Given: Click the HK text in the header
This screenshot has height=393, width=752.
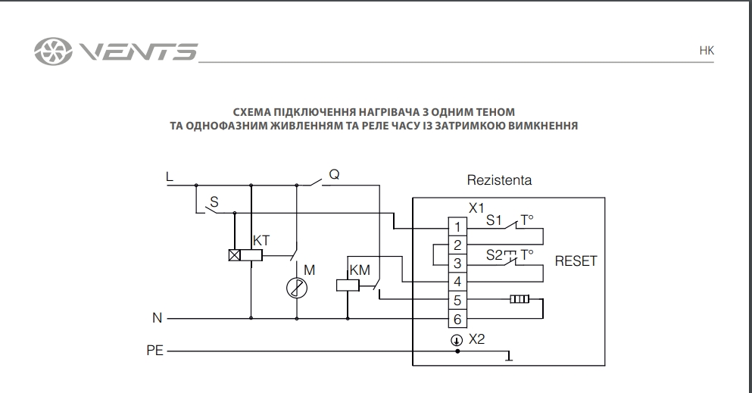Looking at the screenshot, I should tap(706, 51).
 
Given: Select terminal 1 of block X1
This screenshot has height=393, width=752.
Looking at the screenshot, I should tap(457, 227).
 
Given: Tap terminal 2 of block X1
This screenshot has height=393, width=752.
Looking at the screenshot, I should tap(457, 245).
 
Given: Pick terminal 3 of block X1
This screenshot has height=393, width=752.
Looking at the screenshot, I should tap(457, 264).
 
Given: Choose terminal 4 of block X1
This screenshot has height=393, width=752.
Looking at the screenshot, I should tap(457, 282).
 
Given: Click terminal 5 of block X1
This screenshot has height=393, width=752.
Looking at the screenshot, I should tap(457, 301).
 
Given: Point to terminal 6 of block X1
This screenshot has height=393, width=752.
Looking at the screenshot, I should tap(457, 319).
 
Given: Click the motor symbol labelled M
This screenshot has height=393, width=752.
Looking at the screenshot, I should tap(296, 287).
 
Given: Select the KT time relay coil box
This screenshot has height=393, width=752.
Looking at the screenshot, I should tap(246, 256).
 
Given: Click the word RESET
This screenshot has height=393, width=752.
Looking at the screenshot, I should tap(576, 261).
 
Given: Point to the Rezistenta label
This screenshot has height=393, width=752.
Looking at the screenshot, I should tap(499, 181).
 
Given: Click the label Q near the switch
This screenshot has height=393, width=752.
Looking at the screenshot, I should tap(334, 175).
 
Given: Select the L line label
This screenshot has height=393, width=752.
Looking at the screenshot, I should tap(169, 177).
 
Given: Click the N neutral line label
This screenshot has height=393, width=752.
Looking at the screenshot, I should tap(157, 319).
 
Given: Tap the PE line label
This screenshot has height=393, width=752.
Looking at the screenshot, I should tap(154, 351).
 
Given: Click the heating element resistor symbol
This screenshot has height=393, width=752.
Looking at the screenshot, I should tap(520, 300).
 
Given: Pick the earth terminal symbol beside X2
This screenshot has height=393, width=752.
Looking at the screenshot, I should tap(457, 339).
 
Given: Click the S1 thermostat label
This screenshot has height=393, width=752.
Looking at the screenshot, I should tap(495, 221).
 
